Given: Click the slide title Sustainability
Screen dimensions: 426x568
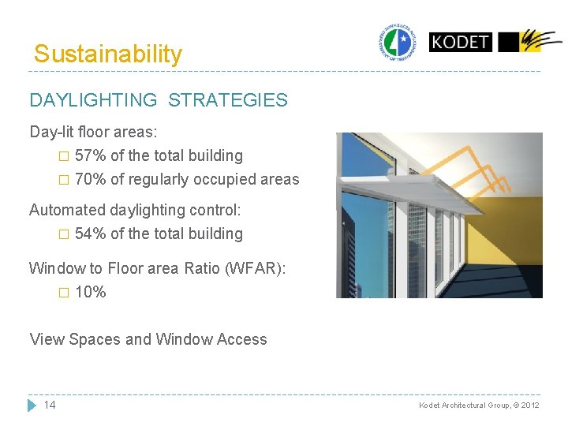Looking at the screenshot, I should tap(107, 54).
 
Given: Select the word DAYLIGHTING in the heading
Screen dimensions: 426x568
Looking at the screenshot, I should tap(93, 100).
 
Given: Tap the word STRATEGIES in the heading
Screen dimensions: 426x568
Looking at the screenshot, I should tap(228, 100).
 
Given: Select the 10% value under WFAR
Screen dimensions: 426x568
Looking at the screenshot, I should tap(90, 292).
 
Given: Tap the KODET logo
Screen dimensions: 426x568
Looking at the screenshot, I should tap(460, 41).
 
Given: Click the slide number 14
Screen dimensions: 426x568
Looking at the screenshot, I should tap(50, 405).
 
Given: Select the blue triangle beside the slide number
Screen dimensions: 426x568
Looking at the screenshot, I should tap(32, 405).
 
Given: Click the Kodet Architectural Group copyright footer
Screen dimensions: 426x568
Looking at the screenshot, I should tap(479, 405).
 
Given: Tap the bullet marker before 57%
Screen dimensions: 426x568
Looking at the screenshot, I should tap(65, 156).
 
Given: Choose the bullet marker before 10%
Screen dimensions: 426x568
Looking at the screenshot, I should tap(65, 293).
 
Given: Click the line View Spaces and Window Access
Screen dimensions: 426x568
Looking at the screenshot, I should tap(148, 339).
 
